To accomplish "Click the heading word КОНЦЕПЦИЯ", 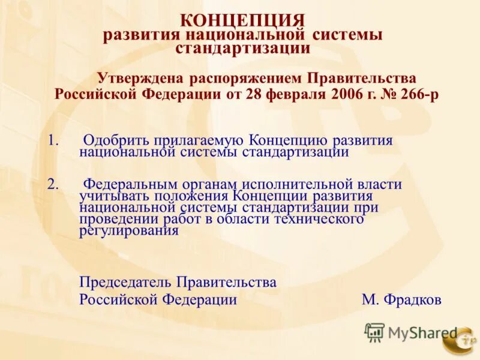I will coord(242,21).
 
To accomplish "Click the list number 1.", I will coord(53,140).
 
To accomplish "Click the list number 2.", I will coord(53,184).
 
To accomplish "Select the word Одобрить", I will coord(116,140).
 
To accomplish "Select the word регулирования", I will coord(129,231).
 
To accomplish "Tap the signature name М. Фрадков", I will coord(401,299).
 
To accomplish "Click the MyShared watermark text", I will coord(422,332).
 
